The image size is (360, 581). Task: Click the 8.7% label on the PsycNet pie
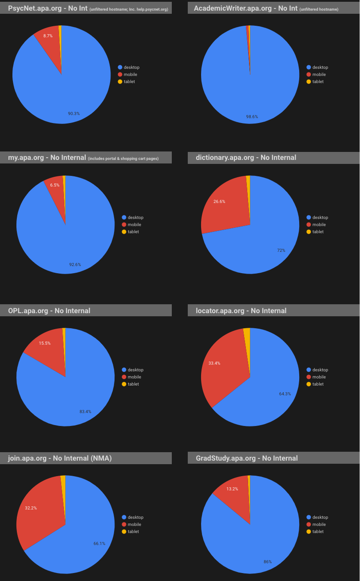[x=47, y=36]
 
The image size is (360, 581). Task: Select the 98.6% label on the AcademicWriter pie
[x=252, y=117]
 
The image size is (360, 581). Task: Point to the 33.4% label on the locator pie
[x=214, y=363]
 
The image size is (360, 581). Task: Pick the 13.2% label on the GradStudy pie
[x=232, y=489]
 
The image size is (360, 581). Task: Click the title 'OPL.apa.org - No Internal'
[x=49, y=310]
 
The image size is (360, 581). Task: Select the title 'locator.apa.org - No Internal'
[x=241, y=310]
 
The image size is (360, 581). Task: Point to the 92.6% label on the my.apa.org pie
[x=75, y=265]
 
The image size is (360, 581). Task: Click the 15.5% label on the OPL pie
[x=45, y=343]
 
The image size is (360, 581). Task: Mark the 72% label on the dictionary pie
[x=281, y=251]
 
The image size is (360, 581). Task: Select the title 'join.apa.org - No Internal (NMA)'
[x=59, y=458]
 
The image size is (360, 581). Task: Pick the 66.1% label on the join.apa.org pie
[x=99, y=543]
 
